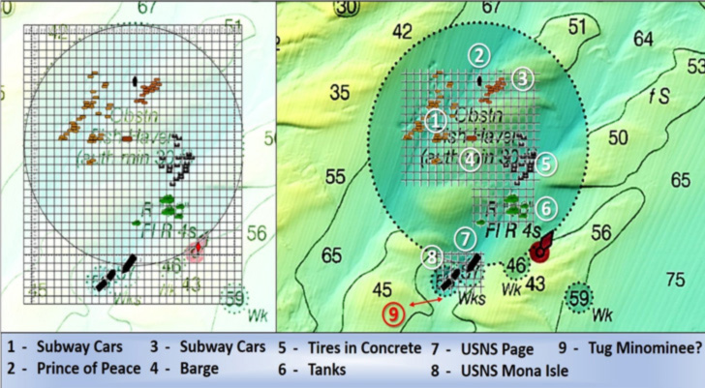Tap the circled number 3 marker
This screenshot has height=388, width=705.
click(522, 76)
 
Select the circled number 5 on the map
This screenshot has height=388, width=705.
click(546, 164)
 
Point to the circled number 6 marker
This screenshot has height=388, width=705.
click(546, 207)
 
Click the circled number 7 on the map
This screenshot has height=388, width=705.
click(467, 236)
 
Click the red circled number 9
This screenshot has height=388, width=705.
click(392, 313)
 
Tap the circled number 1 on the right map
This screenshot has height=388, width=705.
click(436, 120)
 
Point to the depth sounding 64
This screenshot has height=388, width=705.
click(643, 40)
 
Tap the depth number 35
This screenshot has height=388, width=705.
click(339, 93)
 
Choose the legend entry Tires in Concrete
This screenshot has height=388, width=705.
click(337, 345)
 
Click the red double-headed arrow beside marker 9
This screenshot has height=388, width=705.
click(424, 304)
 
